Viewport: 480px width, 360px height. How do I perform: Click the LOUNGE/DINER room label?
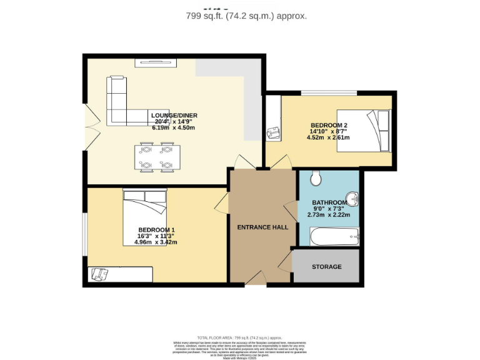(174, 115)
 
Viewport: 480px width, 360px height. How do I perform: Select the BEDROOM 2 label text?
(329, 126)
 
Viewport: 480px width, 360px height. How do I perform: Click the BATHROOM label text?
(329, 202)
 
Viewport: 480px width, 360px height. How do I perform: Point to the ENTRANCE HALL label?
(262, 227)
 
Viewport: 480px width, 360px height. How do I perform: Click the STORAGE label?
(326, 267)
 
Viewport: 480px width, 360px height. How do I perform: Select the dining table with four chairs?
(156, 157)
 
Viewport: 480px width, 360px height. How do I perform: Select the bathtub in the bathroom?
(335, 237)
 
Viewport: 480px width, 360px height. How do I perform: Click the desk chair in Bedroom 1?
(98, 274)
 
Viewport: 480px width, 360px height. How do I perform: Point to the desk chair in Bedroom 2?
(272, 133)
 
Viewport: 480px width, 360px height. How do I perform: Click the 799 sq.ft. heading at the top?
(246, 16)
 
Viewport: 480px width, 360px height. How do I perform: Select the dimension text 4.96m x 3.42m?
(156, 242)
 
